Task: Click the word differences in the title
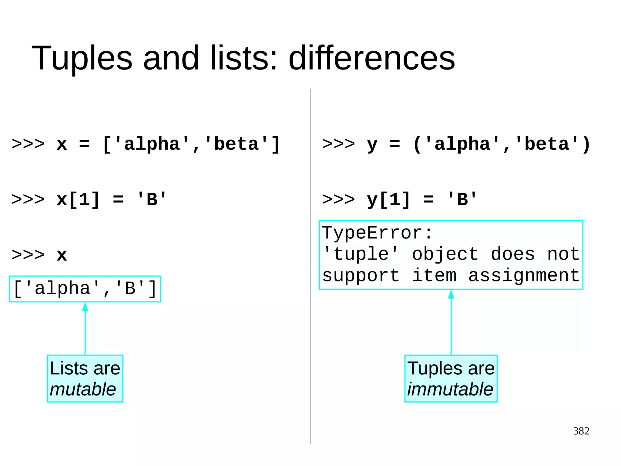pos(372,58)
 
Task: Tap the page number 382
pos(581,431)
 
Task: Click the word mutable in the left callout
pos(83,389)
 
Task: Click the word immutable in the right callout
pos(450,389)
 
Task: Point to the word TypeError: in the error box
pos(377,233)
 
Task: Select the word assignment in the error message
pos(524,276)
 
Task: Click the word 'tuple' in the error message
pos(360,254)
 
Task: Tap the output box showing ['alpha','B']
pos(85,289)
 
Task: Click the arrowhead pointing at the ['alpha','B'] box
pos(85,307)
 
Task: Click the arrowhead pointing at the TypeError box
pos(451,294)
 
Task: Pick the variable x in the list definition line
pos(62,144)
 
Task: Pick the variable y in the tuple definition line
pos(372,145)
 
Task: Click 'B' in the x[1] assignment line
pos(152,200)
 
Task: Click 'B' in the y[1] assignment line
pos(462,200)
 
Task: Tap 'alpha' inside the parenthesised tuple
pos(462,144)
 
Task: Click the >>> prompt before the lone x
pos(28,255)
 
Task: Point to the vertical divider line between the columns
pos(310,334)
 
